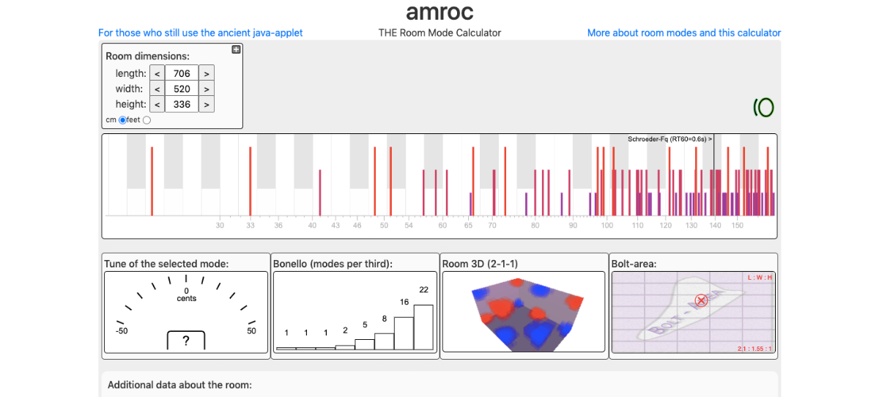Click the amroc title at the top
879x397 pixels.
click(x=439, y=12)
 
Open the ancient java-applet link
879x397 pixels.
click(x=201, y=33)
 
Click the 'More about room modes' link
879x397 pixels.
click(x=683, y=33)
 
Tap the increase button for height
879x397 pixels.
click(x=207, y=105)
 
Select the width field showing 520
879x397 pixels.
click(x=182, y=89)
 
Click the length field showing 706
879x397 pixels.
click(x=182, y=73)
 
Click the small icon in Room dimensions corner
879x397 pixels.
click(x=236, y=50)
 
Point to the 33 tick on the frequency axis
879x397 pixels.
click(x=250, y=226)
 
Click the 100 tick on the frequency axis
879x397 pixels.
click(x=607, y=226)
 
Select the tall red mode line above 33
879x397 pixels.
click(x=250, y=179)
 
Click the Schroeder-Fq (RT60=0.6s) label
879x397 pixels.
click(x=670, y=138)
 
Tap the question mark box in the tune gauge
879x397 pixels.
click(x=186, y=341)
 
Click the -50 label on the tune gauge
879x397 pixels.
click(x=121, y=331)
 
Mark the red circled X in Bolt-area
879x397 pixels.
click(x=701, y=300)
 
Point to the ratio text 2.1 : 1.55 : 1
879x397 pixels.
click(x=754, y=349)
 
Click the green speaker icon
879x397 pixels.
click(x=763, y=108)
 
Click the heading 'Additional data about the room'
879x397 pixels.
click(x=179, y=385)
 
